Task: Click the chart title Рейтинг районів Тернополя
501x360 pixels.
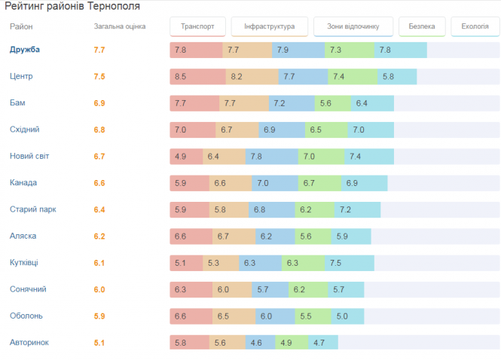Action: tap(72, 6)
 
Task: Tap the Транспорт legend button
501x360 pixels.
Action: tap(197, 27)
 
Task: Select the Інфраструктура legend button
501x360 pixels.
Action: tap(269, 27)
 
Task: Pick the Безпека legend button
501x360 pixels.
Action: tap(421, 27)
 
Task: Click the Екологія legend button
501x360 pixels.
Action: tap(475, 27)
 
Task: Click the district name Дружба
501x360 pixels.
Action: tap(25, 50)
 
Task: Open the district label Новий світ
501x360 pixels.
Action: tap(29, 156)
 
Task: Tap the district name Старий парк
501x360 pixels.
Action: tap(32, 209)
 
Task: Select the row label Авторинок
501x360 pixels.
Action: tap(29, 342)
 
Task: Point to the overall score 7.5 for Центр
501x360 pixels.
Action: tap(99, 77)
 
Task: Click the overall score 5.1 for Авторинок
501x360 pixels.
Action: tap(99, 342)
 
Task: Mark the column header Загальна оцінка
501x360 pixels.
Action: tap(120, 26)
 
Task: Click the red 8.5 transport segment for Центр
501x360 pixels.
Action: tap(197, 77)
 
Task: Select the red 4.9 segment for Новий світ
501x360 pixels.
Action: tap(186, 156)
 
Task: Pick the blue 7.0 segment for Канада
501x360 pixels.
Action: tap(273, 183)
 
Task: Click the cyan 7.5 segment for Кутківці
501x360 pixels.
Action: tap(350, 263)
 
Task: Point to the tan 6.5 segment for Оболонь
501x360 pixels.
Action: tap(234, 316)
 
